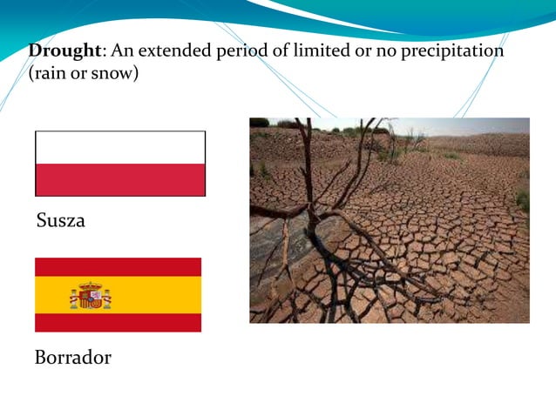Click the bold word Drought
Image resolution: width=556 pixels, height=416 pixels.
click(64, 50)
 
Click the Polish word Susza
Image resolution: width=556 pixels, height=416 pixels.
click(61, 221)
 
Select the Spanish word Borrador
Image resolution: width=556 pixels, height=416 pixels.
click(73, 358)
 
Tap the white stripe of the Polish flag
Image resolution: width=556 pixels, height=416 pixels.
click(120, 147)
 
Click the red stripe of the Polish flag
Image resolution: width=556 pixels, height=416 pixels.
click(120, 179)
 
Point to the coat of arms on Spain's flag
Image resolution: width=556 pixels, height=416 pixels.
click(90, 296)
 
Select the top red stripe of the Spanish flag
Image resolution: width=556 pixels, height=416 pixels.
click(118, 266)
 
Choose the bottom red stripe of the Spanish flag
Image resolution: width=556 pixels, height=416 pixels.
click(118, 323)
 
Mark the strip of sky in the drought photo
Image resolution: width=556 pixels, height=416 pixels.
click(471, 124)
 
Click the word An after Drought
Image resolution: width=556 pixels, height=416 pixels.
click(118, 50)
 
